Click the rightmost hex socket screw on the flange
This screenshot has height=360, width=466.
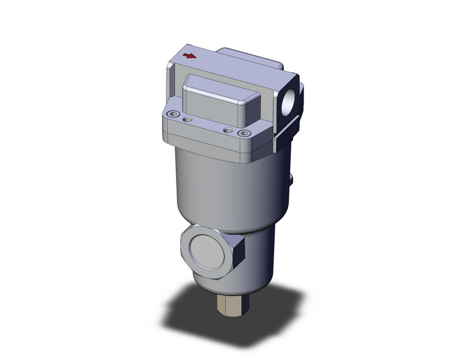click(243, 132)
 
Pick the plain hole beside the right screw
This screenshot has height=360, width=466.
click(228, 130)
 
